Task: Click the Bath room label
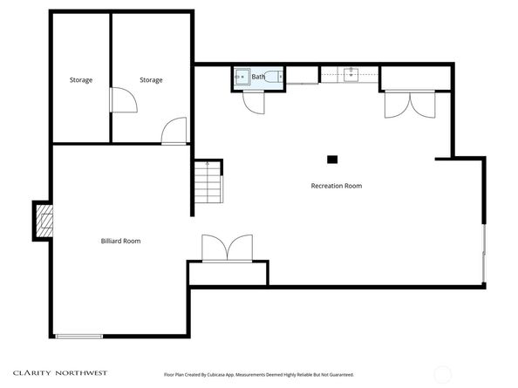pyautogui.click(x=258, y=77)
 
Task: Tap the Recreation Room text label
pyautogui.click(x=337, y=186)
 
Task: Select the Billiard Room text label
pyautogui.click(x=120, y=241)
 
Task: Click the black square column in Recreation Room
pyautogui.click(x=331, y=160)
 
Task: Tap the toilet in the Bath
pyautogui.click(x=271, y=77)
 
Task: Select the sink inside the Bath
pyautogui.click(x=240, y=78)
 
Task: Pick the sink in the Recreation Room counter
pyautogui.click(x=351, y=76)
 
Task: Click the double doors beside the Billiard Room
pyautogui.click(x=227, y=248)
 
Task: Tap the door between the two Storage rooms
pyautogui.click(x=121, y=99)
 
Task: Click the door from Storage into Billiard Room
pyautogui.click(x=174, y=132)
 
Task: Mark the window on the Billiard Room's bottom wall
pyautogui.click(x=79, y=336)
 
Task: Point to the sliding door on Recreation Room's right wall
pyautogui.click(x=484, y=253)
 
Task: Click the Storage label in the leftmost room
pyautogui.click(x=81, y=80)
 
